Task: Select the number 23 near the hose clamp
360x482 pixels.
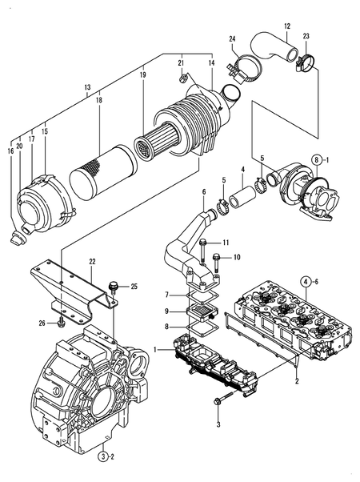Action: pos(306,37)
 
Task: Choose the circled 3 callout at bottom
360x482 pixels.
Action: pos(103,456)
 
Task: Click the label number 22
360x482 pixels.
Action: pos(92,261)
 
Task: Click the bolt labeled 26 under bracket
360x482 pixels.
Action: pos(62,322)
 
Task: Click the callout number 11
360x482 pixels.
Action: pos(226,242)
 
